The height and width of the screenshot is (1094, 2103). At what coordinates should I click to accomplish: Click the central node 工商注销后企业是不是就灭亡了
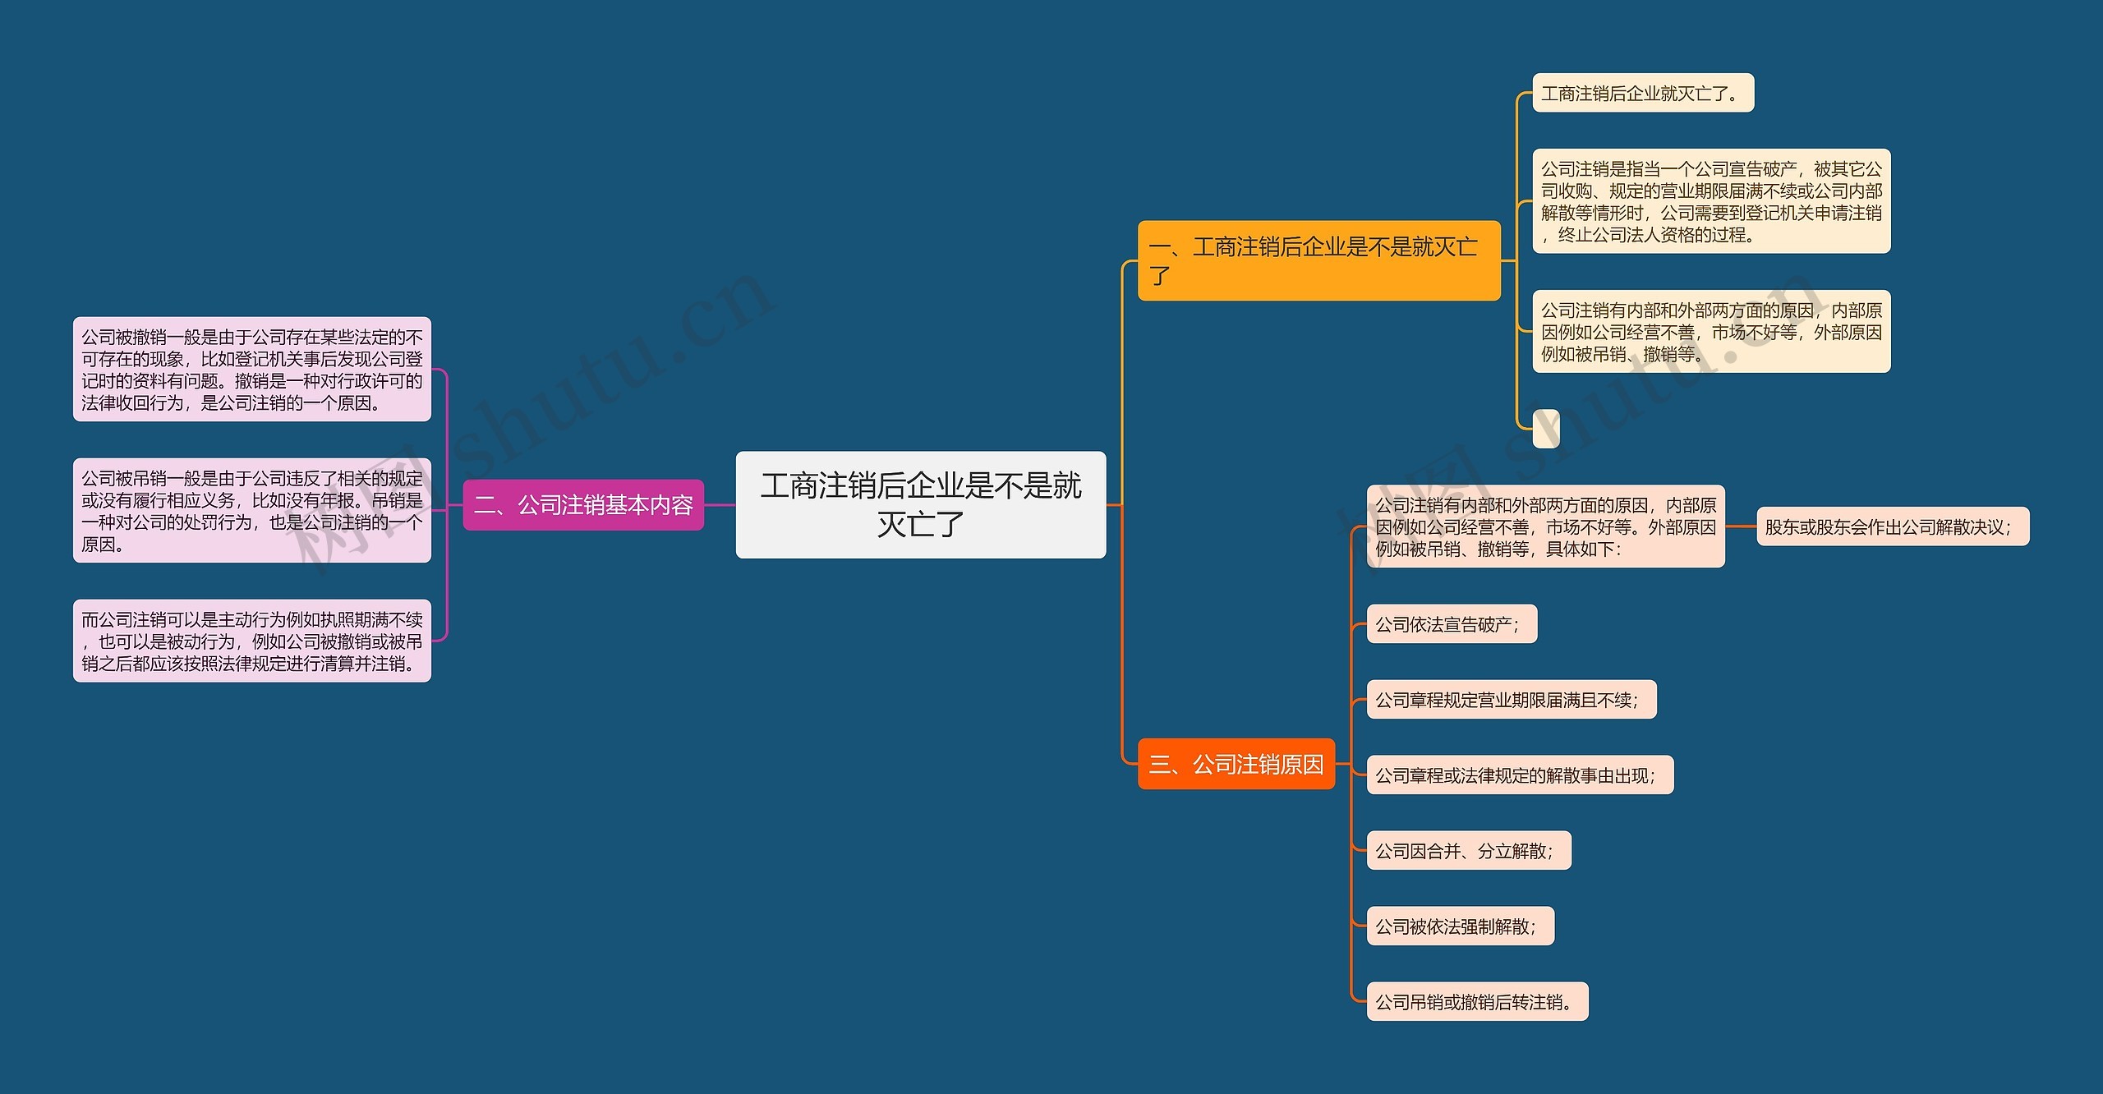(920, 504)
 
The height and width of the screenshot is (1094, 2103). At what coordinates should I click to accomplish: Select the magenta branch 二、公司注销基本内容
(583, 504)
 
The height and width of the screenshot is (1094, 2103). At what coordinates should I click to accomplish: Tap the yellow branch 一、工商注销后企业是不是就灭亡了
(1318, 260)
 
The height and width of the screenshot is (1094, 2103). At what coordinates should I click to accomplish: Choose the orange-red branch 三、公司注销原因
(1236, 764)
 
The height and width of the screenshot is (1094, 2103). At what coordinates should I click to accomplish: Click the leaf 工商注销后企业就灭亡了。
(1643, 93)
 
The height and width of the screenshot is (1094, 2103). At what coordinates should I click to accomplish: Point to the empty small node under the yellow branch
(1546, 429)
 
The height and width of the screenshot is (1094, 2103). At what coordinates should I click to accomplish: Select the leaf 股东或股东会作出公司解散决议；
(1892, 526)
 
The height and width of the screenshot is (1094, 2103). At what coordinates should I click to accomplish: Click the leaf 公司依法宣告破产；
(1451, 624)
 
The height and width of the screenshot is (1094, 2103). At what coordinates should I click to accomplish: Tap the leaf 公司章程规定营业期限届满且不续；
(1511, 700)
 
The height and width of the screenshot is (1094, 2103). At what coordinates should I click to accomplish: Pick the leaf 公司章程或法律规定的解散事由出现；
(1519, 775)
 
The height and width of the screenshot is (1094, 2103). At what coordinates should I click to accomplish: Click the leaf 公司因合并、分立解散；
(1468, 851)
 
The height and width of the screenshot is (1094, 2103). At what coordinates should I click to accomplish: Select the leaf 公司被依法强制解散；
(1460, 926)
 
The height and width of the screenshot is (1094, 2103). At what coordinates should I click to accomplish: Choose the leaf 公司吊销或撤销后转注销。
(1477, 1002)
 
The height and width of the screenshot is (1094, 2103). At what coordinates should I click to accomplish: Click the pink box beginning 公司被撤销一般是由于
(251, 370)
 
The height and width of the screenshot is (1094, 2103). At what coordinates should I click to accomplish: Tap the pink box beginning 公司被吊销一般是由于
(251, 511)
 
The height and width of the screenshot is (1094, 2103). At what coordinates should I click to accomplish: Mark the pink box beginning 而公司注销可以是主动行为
(251, 641)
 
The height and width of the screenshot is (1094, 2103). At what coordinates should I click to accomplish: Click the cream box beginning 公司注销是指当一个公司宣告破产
(1711, 201)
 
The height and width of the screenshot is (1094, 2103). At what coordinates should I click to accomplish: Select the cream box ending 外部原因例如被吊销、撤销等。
(1711, 332)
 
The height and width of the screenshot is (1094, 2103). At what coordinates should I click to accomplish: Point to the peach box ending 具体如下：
(1545, 526)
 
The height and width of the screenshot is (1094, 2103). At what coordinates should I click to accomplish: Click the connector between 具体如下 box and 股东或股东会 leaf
(1741, 526)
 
